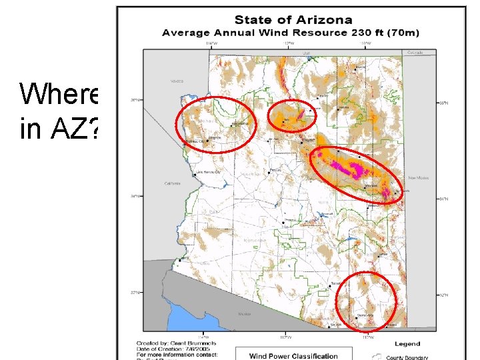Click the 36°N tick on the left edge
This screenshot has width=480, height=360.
point(135,100)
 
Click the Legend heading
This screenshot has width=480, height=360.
point(407,344)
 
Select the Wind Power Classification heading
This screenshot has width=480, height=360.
point(293,355)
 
